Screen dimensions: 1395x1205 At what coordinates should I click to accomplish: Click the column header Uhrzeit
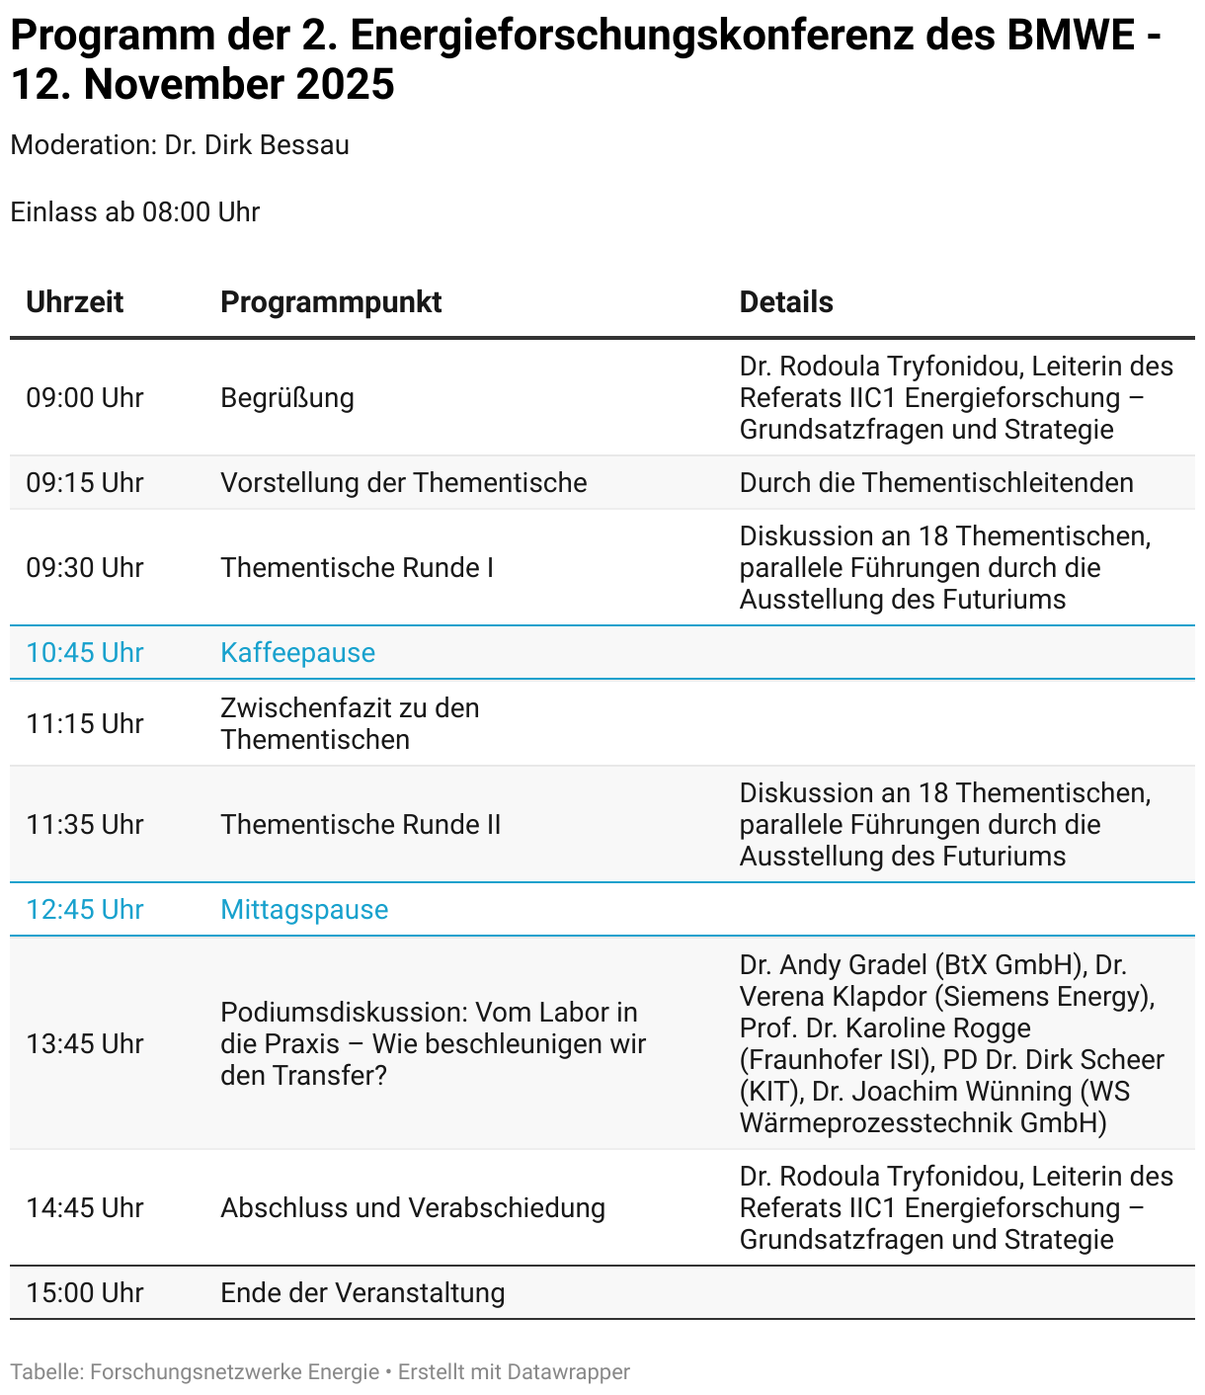coord(75,302)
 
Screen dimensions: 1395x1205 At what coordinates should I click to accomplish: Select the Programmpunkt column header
coord(331,302)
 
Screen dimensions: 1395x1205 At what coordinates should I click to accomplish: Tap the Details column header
coord(786,302)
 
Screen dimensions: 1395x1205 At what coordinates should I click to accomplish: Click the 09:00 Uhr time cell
coord(85,398)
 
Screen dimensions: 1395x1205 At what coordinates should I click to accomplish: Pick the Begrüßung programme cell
coord(287,398)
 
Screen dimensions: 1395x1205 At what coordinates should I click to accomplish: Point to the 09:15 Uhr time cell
coord(85,483)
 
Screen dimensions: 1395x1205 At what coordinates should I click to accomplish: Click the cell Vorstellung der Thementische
coord(403,483)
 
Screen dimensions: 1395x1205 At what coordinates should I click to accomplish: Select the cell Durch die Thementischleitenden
coord(936,483)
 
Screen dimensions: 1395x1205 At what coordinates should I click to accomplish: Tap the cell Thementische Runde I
coord(357,568)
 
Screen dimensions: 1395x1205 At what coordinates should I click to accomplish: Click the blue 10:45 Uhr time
coord(85,653)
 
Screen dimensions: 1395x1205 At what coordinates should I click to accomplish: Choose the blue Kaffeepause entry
coord(297,653)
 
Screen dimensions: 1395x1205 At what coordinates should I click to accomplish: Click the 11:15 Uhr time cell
coord(85,724)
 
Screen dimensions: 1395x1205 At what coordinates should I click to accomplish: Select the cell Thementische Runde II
coord(361,825)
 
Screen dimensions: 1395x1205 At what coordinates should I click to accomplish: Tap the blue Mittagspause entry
coord(304,910)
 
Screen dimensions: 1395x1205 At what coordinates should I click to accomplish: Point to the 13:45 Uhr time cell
coord(85,1044)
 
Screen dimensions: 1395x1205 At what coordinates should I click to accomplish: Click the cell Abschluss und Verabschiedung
coord(413,1208)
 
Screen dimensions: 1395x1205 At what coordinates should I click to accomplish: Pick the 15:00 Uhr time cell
coord(85,1293)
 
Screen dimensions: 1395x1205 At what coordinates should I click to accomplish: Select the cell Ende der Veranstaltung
coord(362,1293)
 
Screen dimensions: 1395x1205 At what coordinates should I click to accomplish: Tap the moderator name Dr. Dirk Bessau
coord(257,145)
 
